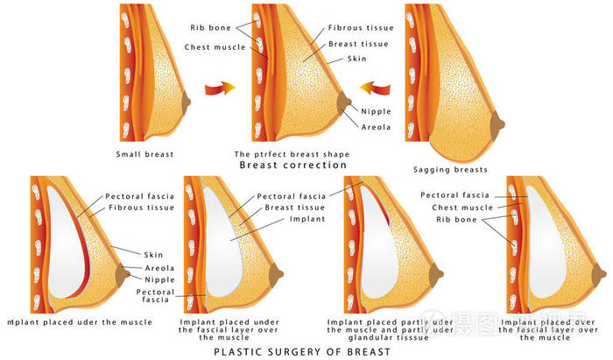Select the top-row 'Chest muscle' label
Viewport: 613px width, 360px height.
pyautogui.click(x=214, y=46)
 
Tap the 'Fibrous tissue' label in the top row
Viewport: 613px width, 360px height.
pyautogui.click(x=361, y=28)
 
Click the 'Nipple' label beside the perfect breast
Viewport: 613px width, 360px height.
pyautogui.click(x=377, y=111)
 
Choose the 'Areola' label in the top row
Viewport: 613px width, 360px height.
pyautogui.click(x=377, y=126)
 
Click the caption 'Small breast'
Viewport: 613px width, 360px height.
pyautogui.click(x=145, y=154)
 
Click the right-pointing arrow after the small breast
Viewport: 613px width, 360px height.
pyautogui.click(x=218, y=88)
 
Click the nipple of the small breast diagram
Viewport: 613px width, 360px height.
pyautogui.click(x=187, y=103)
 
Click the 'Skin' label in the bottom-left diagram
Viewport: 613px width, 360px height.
pyautogui.click(x=153, y=255)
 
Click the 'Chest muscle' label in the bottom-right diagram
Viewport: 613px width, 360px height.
pyautogui.click(x=463, y=208)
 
